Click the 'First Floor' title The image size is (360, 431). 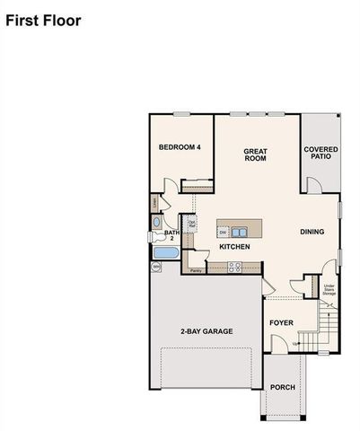[43, 19]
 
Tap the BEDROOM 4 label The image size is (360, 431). [180, 147]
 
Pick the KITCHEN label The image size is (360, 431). [234, 246]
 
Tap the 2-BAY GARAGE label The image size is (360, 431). [205, 331]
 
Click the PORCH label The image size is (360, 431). [283, 387]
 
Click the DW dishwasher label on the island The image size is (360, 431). [223, 232]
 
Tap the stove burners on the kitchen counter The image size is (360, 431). [234, 265]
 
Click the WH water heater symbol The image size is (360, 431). [155, 267]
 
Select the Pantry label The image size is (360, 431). [196, 269]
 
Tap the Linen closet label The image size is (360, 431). [155, 204]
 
